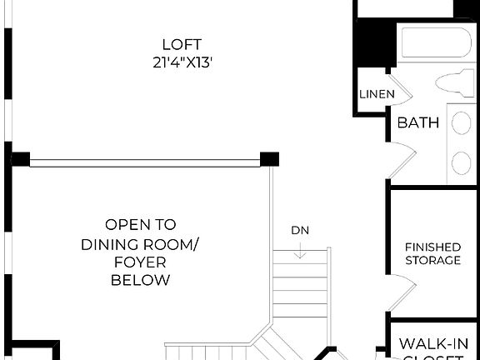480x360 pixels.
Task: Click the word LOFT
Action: click(182, 44)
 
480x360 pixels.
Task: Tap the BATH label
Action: click(417, 122)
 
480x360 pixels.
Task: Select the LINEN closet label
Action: click(376, 94)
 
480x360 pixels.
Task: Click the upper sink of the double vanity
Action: click(461, 123)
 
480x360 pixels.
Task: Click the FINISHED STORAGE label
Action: click(432, 253)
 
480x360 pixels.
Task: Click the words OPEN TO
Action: click(140, 224)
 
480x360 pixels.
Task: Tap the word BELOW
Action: click(140, 280)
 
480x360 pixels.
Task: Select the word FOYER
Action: click(140, 262)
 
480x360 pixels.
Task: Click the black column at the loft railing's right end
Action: click(269, 158)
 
